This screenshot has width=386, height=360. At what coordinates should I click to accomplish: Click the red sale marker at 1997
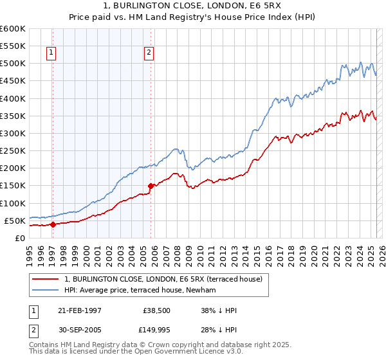click(53, 224)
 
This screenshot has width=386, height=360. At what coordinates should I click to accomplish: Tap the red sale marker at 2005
click(151, 186)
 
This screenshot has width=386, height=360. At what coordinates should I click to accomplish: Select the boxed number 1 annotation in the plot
click(51, 53)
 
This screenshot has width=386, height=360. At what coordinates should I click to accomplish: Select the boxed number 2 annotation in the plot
click(149, 53)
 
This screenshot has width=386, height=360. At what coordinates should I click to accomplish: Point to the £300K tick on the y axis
click(12, 134)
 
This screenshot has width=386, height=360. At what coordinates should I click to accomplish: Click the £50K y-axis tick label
click(14, 221)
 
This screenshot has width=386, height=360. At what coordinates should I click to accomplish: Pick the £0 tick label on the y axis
click(19, 238)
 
